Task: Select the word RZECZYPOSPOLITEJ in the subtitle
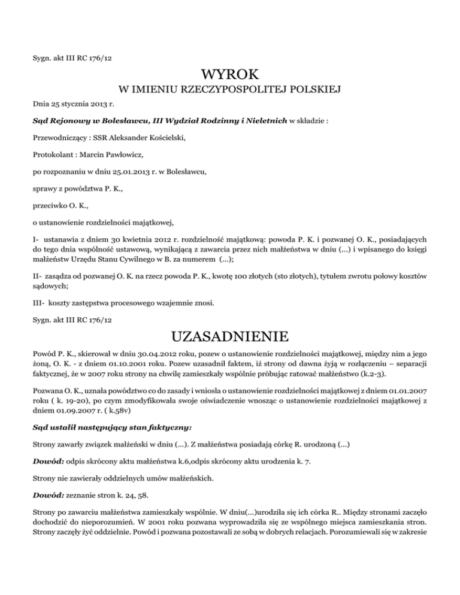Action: (x=223, y=90)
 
